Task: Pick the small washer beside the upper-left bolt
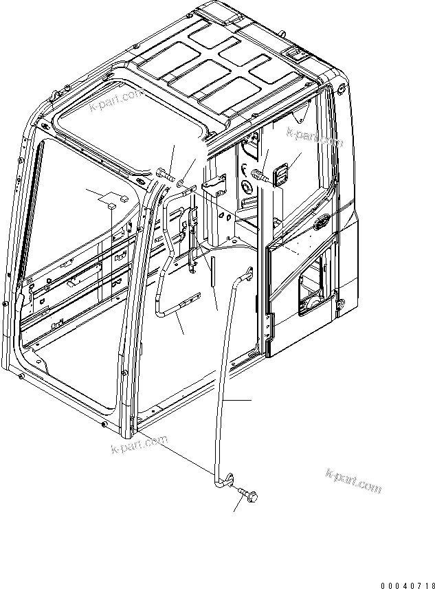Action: pyautogui.click(x=179, y=183)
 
